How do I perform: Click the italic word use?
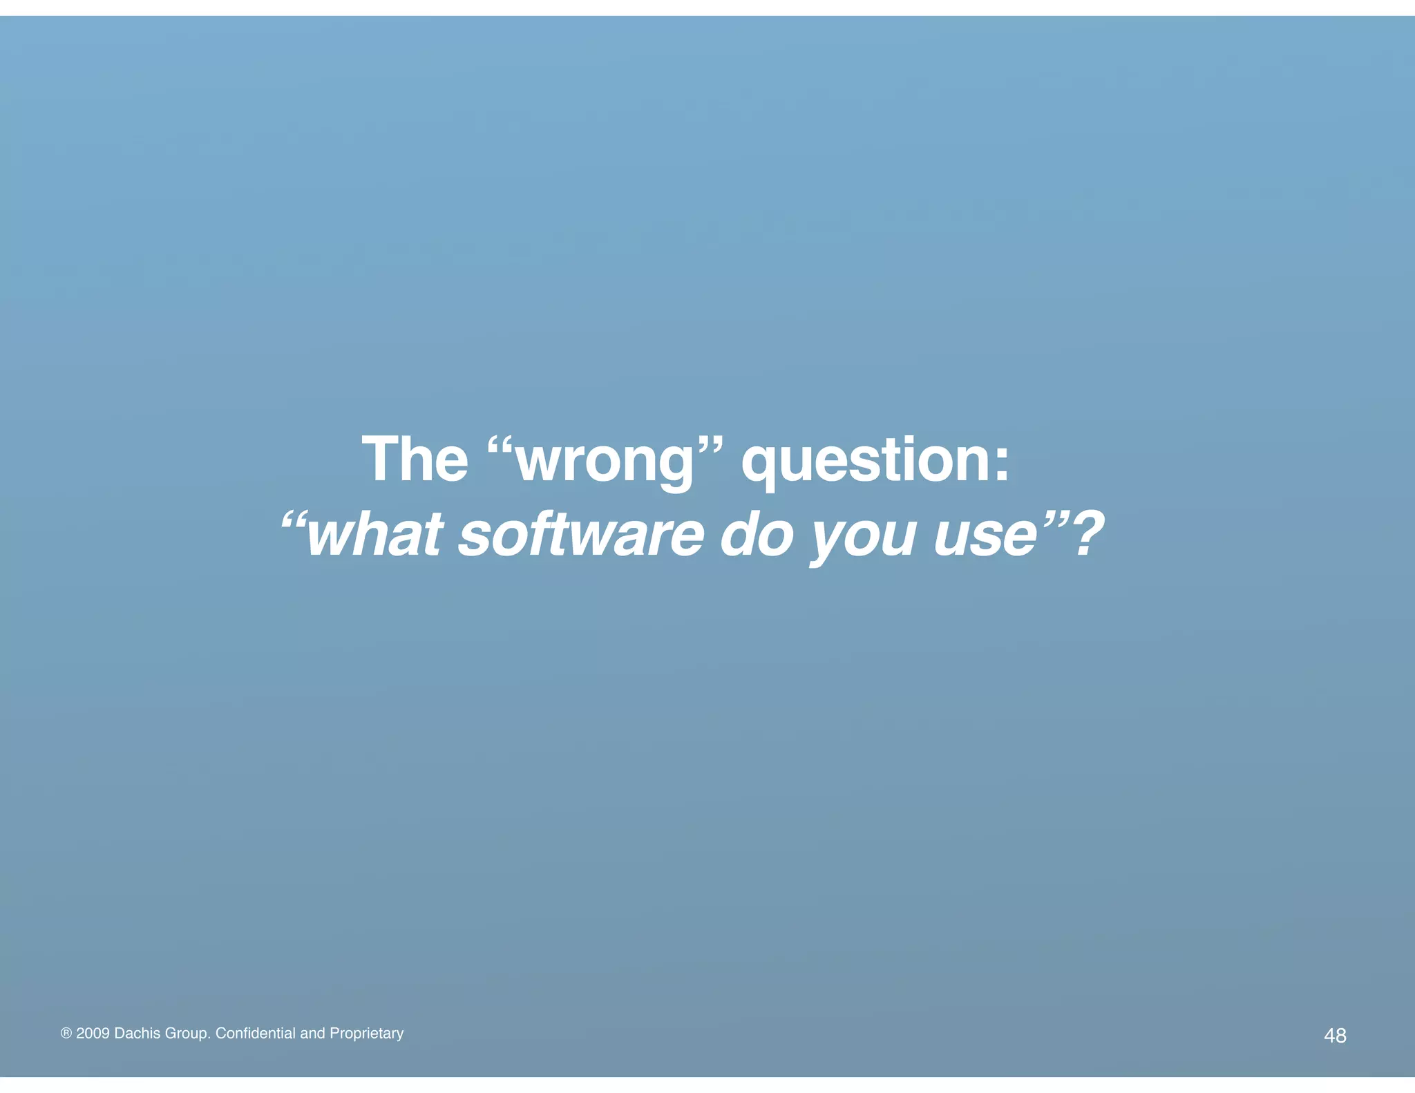pyautogui.click(x=985, y=536)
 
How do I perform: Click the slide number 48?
pyautogui.click(x=1335, y=1035)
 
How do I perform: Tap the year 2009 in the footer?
pyautogui.click(x=93, y=1033)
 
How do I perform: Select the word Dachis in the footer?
pyautogui.click(x=137, y=1033)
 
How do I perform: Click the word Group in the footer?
pyautogui.click(x=187, y=1034)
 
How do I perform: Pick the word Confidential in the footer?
pyautogui.click(x=256, y=1033)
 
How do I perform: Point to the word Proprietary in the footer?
pyautogui.click(x=366, y=1034)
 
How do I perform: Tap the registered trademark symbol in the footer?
pyautogui.click(x=66, y=1034)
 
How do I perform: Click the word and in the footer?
pyautogui.click(x=312, y=1033)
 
